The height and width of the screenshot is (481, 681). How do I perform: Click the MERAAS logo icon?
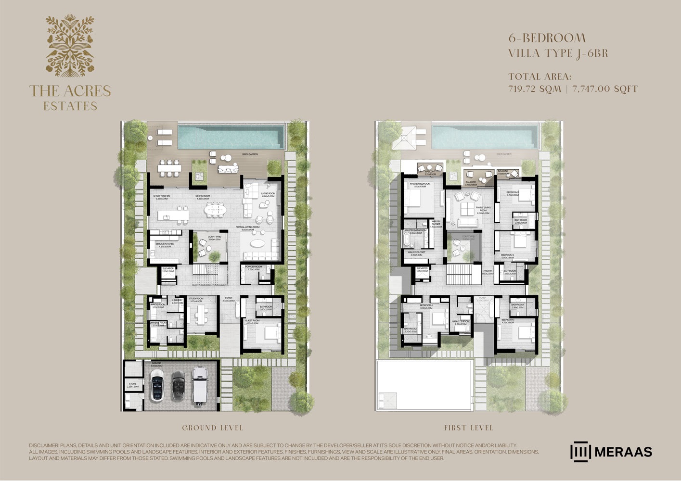pyautogui.click(x=580, y=452)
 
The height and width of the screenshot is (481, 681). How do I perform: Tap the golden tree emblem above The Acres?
pyautogui.click(x=70, y=46)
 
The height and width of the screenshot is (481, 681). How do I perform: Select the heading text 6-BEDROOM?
pyautogui.click(x=547, y=38)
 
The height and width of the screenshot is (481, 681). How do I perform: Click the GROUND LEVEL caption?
pyautogui.click(x=213, y=428)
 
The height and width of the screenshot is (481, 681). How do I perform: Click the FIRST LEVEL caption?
pyautogui.click(x=469, y=428)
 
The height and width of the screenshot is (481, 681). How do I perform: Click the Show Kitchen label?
pyautogui.click(x=162, y=196)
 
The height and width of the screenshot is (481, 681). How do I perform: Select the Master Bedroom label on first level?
pyautogui.click(x=420, y=184)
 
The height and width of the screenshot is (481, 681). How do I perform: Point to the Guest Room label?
pyautogui.click(x=253, y=321)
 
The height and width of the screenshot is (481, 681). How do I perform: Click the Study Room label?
pyautogui.click(x=196, y=299)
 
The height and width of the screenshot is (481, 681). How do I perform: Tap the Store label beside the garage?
pyautogui.click(x=132, y=384)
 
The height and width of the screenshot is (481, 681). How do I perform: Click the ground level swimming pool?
pyautogui.click(x=230, y=136)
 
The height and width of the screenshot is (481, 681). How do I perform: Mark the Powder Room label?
pyautogui.click(x=254, y=267)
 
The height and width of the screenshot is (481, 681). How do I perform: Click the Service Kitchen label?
pyautogui.click(x=165, y=244)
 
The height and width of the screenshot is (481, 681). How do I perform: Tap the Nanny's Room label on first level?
pyautogui.click(x=461, y=322)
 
